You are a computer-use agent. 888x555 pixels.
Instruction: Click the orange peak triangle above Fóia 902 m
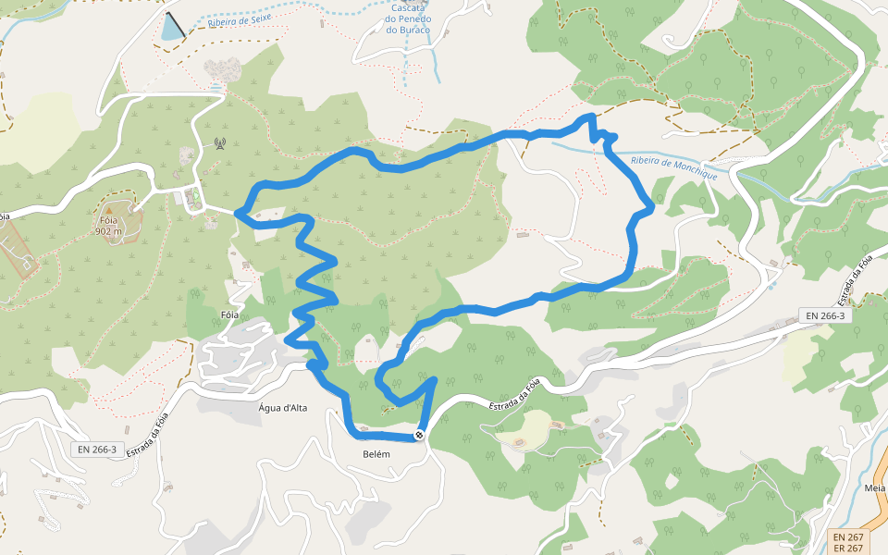pos(108,211)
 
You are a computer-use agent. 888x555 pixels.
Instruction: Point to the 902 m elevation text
pos(108,231)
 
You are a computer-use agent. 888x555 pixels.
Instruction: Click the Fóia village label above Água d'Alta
pos(230,315)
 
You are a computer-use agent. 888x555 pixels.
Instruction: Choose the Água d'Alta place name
pos(283,408)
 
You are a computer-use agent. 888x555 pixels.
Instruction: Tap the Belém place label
pos(377,454)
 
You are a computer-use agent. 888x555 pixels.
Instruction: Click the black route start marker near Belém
pos(420,435)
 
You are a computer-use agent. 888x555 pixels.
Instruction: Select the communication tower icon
pos(219,143)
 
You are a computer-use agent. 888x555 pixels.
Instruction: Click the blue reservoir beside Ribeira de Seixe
pos(172,30)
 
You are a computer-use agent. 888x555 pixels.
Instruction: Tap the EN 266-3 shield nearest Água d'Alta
pos(97,450)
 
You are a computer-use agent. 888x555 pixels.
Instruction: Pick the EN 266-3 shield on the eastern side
pos(824,315)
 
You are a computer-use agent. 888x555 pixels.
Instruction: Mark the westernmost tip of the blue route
pos(238,214)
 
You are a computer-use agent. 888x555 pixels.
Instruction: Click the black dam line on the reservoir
pos(174,25)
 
